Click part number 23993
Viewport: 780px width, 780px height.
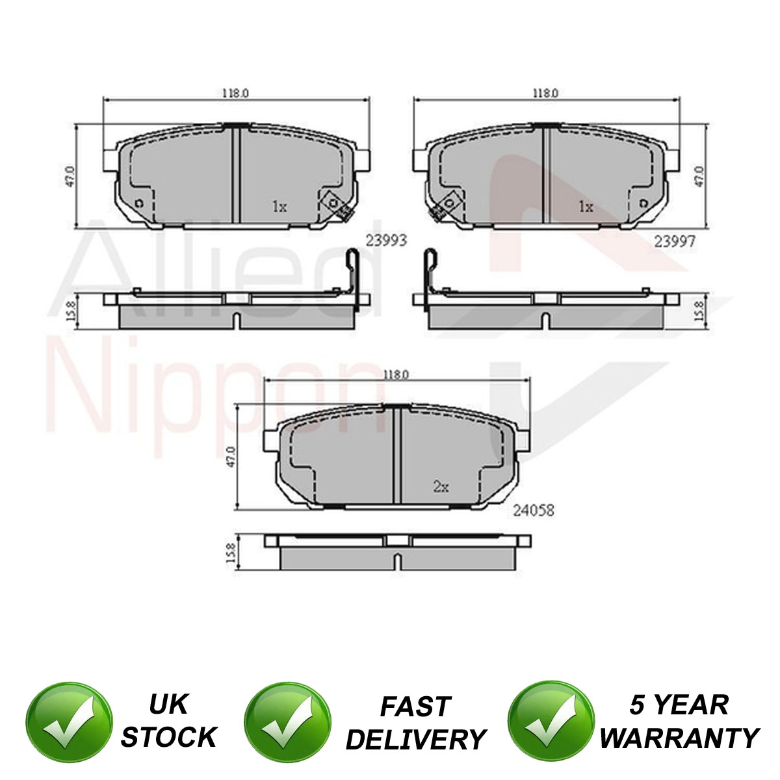tap(386, 241)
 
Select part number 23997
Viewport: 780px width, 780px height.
tap(675, 242)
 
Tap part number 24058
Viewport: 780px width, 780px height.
tap(534, 510)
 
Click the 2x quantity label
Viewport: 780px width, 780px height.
tap(441, 487)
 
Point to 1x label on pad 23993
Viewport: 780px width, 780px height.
tap(279, 207)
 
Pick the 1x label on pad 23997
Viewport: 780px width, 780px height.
tap(586, 207)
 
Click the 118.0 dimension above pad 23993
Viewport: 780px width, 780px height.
tap(235, 93)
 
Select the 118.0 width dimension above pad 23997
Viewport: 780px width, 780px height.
tap(545, 93)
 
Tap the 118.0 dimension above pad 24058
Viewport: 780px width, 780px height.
tap(395, 374)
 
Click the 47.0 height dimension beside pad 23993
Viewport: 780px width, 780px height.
tap(70, 176)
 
